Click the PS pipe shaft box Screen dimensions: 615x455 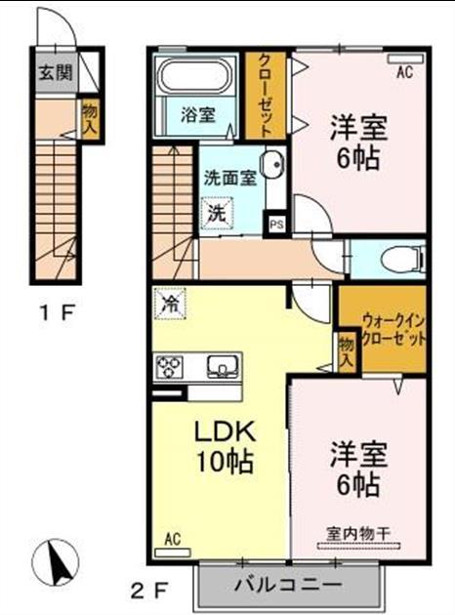[277, 224]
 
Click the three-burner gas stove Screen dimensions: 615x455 [170, 367]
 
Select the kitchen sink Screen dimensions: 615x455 [224, 367]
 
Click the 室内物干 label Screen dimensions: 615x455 [358, 533]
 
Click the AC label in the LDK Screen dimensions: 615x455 [173, 538]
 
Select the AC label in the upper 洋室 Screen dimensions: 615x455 [404, 70]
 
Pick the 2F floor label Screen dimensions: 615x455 [150, 589]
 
